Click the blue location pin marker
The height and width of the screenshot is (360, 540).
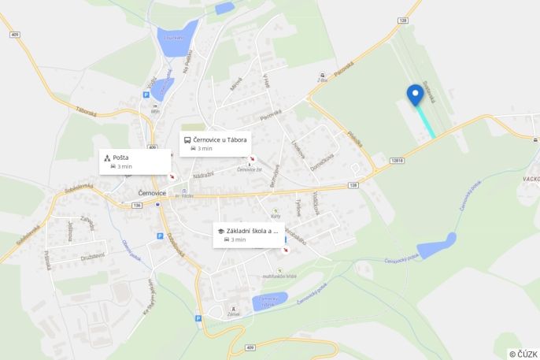tap(416, 95)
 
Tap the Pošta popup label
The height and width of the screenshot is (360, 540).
tap(135, 161)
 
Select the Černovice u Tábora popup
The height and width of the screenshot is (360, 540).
tap(215, 143)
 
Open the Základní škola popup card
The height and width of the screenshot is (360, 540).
tap(249, 234)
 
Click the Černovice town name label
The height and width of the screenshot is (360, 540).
tap(152, 193)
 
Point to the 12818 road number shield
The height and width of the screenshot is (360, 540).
tap(395, 160)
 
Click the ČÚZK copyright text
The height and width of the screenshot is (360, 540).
tap(523, 354)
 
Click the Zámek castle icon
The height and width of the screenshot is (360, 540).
tap(232, 309)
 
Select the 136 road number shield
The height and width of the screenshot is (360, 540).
tap(115, 205)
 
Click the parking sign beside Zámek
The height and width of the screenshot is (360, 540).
tap(198, 318)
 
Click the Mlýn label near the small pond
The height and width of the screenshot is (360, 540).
tap(155, 111)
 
